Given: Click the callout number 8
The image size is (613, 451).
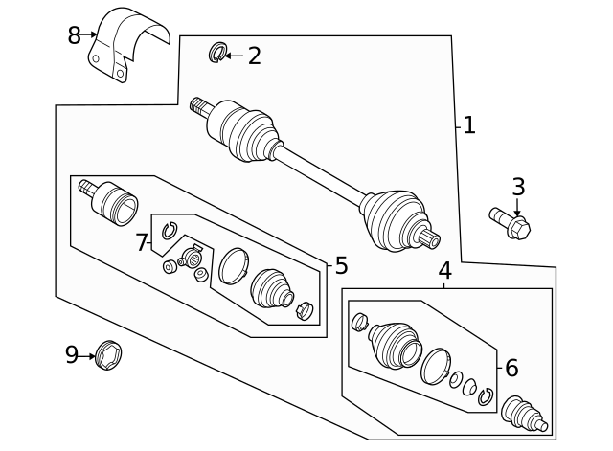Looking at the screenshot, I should point(74,36).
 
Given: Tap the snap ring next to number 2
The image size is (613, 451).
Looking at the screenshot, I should point(216,54).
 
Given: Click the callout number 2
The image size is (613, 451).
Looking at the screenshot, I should point(254,56).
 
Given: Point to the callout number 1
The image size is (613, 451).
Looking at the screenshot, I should point(468,125).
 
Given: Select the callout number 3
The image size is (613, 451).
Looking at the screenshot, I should point(518,188).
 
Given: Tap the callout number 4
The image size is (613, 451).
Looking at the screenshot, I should point(445,271).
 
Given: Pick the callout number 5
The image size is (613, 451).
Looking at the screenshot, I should point(341,266).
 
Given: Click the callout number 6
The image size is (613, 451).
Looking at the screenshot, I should point(511,368).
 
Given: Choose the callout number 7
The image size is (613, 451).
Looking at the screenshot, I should point(142,243).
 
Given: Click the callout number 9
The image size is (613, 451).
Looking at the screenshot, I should point(72,356).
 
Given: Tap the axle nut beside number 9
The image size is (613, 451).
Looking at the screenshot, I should point(109,355).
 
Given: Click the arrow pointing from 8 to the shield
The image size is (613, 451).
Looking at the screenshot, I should point(92,34).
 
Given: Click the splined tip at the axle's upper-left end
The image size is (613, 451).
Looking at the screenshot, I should point(199,105).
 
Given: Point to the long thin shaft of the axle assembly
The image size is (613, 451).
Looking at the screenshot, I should point(321,174).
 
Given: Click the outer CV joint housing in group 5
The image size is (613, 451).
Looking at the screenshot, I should point(115,202).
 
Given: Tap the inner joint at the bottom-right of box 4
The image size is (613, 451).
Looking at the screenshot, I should point(523,415).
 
